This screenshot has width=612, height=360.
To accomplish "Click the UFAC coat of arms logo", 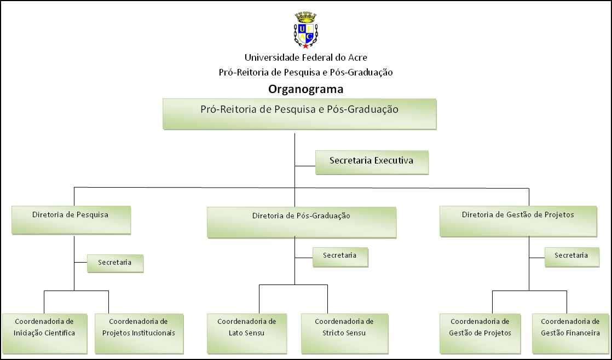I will coord(305,31).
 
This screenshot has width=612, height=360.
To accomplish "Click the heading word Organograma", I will coord(305,89).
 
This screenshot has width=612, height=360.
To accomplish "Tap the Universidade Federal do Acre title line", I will coord(305,57).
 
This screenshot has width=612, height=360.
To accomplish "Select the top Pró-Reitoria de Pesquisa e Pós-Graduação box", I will coord(299,113).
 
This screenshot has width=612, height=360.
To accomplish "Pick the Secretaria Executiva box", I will coord(372,162).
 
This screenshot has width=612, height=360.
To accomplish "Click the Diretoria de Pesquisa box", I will coord(71,219).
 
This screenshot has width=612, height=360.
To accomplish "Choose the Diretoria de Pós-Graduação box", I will coord(301,222).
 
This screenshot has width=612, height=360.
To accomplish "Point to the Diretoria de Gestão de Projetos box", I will coord(518,220).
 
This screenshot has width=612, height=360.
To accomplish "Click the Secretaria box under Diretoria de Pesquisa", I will coord(115,263).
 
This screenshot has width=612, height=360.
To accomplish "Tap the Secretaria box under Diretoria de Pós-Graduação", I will coord(340,257).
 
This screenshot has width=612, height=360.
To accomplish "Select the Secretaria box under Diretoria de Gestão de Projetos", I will coord(571,257).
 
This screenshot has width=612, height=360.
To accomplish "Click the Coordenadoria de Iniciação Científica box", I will coord(44,333).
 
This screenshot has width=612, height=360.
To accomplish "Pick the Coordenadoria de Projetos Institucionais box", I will coord(138,333).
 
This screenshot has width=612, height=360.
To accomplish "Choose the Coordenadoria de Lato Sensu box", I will coord(246,333).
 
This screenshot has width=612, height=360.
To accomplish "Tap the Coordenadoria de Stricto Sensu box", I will coord(344,333).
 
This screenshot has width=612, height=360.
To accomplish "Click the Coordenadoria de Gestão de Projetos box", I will coord(480,333).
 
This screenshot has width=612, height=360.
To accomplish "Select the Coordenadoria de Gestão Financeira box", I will coord(570,333).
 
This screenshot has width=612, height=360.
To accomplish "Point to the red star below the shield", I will coord(305,45).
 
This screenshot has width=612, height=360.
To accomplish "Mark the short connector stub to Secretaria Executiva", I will coord(305,164).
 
